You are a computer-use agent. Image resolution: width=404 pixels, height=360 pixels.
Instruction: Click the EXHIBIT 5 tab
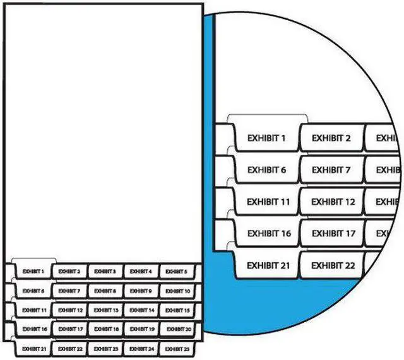pos(177,272)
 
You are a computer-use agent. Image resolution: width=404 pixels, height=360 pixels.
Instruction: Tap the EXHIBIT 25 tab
pos(177,349)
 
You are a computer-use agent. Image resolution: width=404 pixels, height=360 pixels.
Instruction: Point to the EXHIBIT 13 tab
pos(105,310)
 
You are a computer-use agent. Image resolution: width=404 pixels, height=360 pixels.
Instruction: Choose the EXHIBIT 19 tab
pos(141,329)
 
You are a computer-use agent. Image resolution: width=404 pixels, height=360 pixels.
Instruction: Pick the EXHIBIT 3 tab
pos(105,272)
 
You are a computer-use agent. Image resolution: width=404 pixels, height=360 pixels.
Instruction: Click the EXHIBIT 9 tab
pos(141,291)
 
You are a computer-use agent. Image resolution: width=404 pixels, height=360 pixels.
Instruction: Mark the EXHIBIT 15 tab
pos(177,310)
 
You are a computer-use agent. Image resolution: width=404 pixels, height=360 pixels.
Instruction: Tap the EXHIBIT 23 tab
pos(105,349)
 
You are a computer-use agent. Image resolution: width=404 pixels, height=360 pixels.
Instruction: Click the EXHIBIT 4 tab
pos(141,272)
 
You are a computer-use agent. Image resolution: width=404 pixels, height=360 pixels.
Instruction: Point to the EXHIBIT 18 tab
pos(105,329)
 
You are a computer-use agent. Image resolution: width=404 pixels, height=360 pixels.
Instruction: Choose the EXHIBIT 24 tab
pos(141,349)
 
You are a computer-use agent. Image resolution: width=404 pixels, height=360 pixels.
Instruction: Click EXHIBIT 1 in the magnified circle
pos(266,137)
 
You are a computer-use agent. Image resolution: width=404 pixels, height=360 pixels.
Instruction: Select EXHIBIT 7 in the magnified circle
pos(331,170)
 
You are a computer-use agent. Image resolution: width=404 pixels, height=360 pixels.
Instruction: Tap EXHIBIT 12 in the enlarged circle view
pos(333,202)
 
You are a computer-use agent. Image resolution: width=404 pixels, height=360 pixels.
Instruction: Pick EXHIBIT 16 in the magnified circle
pos(269,233)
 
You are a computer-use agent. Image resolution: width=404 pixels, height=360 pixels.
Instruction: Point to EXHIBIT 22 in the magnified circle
pos(333,265)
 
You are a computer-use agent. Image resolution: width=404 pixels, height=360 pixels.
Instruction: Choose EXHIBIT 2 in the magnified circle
pos(331,137)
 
